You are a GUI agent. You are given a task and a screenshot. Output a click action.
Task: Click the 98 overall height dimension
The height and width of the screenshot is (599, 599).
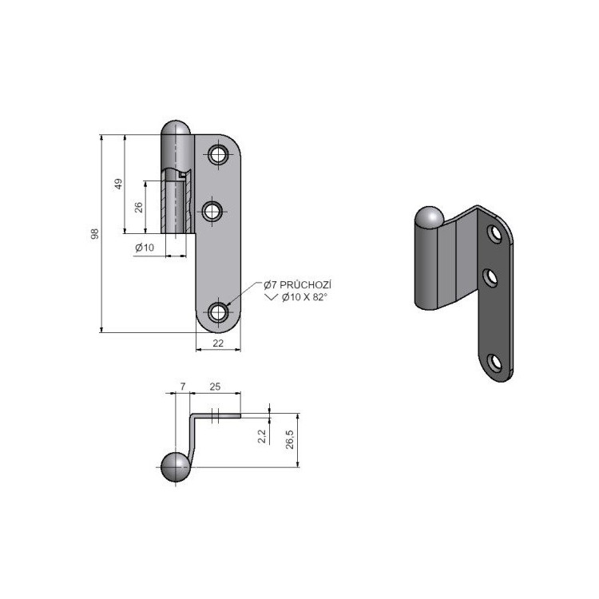95,234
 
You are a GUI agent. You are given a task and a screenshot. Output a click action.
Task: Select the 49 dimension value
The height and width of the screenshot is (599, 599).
119,184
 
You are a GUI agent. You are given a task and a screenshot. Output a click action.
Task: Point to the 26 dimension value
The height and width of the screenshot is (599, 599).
139,208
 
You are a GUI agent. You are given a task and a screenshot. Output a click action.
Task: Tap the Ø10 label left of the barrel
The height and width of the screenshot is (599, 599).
145,248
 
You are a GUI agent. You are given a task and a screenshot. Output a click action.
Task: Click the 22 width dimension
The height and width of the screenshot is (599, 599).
218,343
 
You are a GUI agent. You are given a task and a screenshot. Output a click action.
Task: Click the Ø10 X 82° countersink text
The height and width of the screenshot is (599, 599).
304,297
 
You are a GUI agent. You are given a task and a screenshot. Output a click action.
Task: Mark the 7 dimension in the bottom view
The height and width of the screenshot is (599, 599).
183,387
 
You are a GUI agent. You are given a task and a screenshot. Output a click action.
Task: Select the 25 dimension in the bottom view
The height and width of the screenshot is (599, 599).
215,387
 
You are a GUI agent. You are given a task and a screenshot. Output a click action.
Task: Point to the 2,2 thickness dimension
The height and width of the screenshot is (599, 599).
262,436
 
